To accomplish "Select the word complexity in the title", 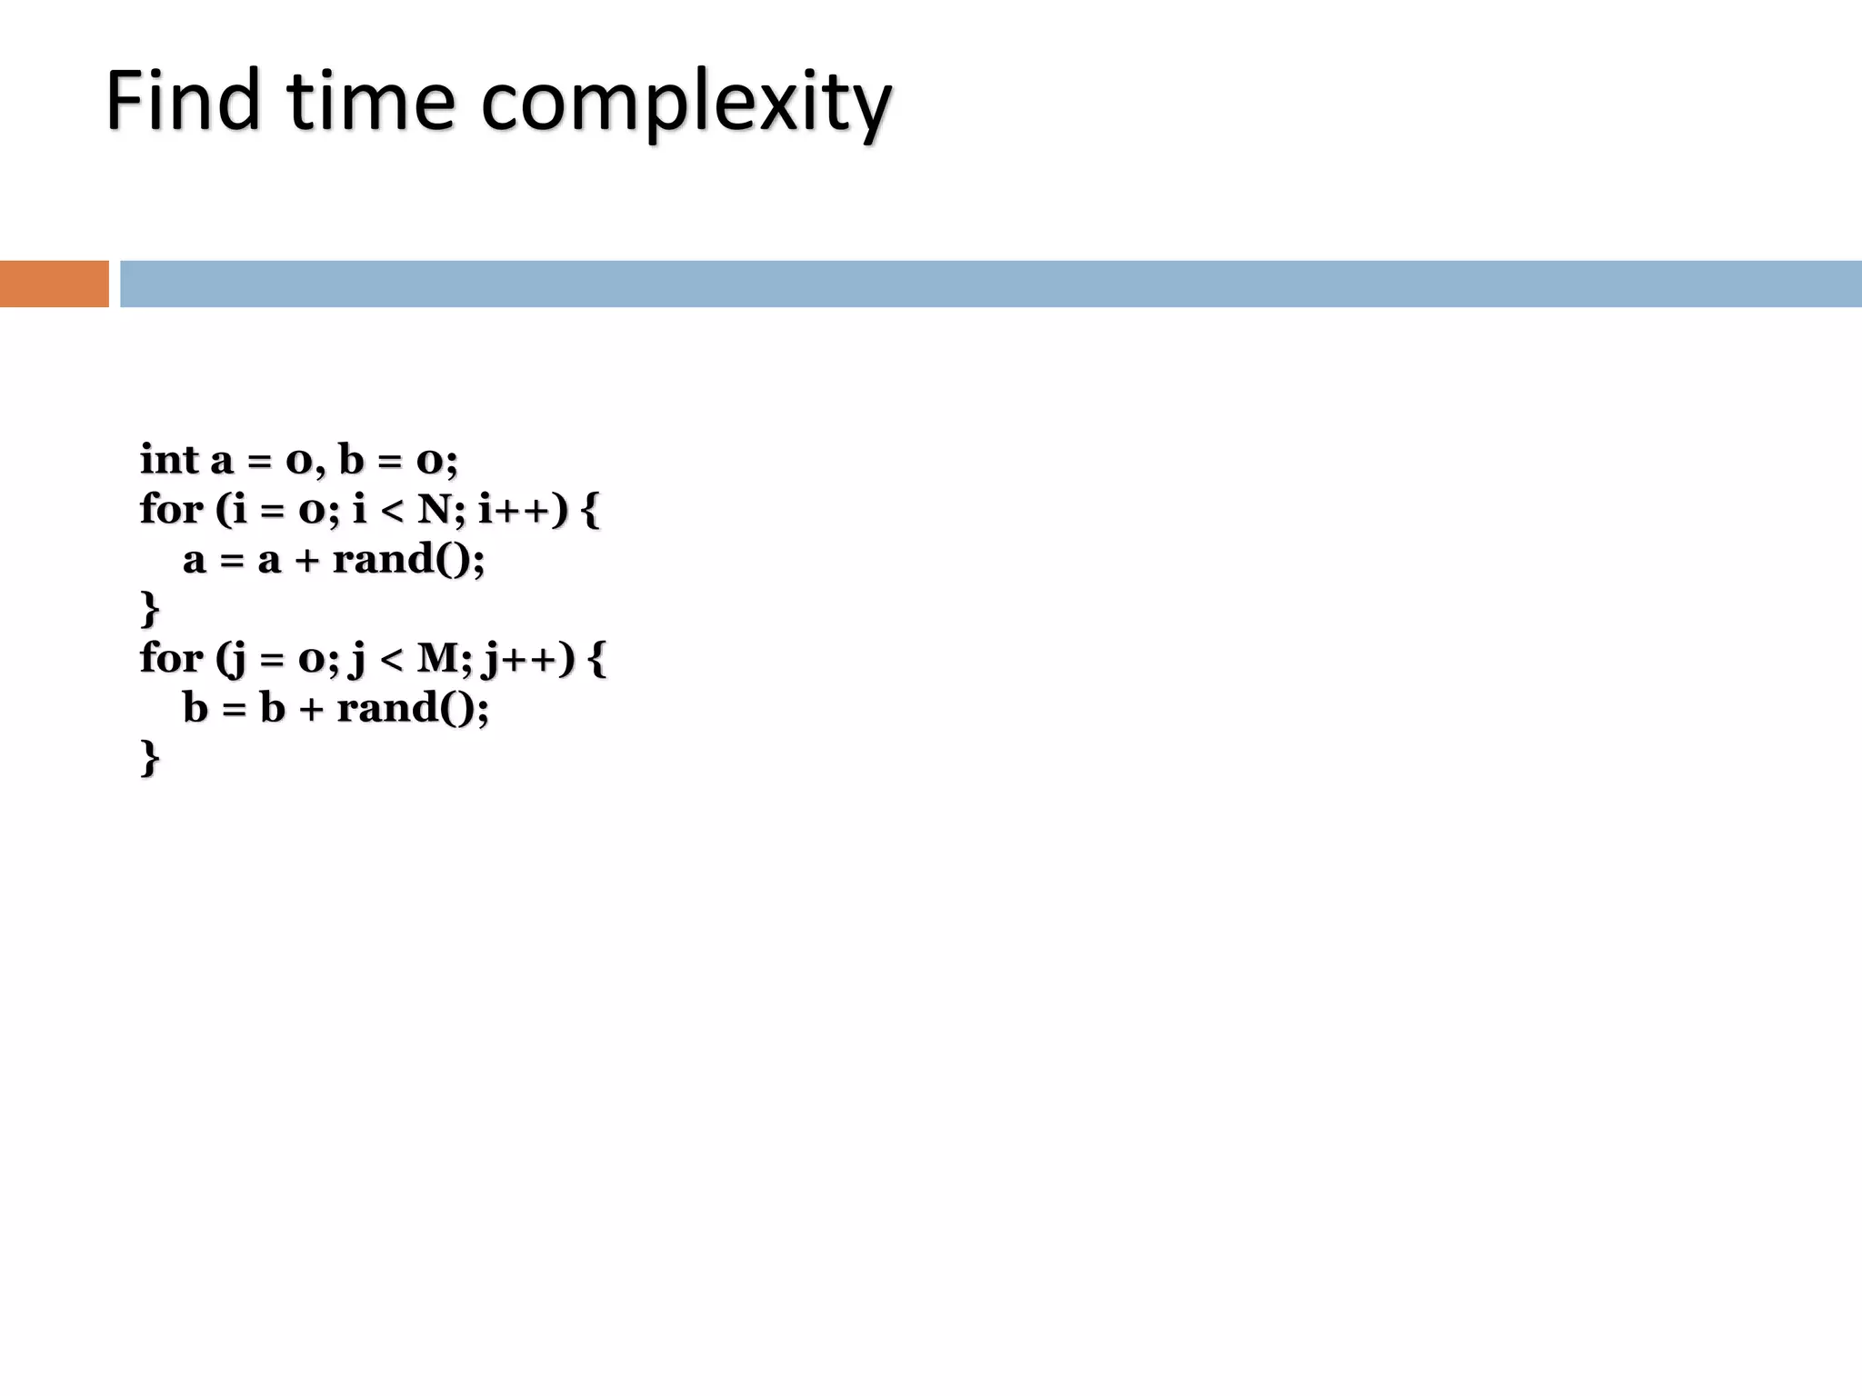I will click(686, 104).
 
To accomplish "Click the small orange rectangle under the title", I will click(54, 284).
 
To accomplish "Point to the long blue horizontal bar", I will click(990, 284).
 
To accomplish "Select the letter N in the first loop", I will click(435, 509).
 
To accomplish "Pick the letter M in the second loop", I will click(440, 658).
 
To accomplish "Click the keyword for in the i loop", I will click(171, 509).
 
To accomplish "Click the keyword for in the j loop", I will click(171, 658).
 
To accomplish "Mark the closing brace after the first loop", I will click(150, 609).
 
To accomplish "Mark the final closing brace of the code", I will click(150, 758).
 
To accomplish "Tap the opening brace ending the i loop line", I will click(589, 510).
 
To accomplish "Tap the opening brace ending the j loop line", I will click(596, 659).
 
